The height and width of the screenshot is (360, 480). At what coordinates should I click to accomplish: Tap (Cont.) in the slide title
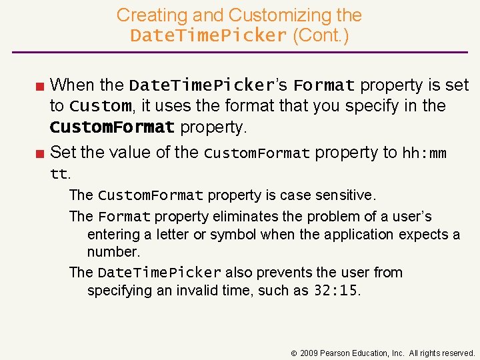click(321, 35)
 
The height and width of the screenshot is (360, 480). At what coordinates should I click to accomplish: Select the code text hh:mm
click(424, 153)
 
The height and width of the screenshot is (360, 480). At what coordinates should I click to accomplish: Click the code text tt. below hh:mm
click(60, 174)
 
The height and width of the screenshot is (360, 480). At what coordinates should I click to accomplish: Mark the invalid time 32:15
click(335, 291)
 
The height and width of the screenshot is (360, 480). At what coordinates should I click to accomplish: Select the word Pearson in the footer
click(336, 353)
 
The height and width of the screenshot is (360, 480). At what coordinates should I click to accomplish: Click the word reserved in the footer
click(457, 353)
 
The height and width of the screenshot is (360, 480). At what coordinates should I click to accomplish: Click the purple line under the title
click(240, 52)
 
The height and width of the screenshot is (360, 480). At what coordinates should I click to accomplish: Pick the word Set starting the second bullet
click(63, 153)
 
